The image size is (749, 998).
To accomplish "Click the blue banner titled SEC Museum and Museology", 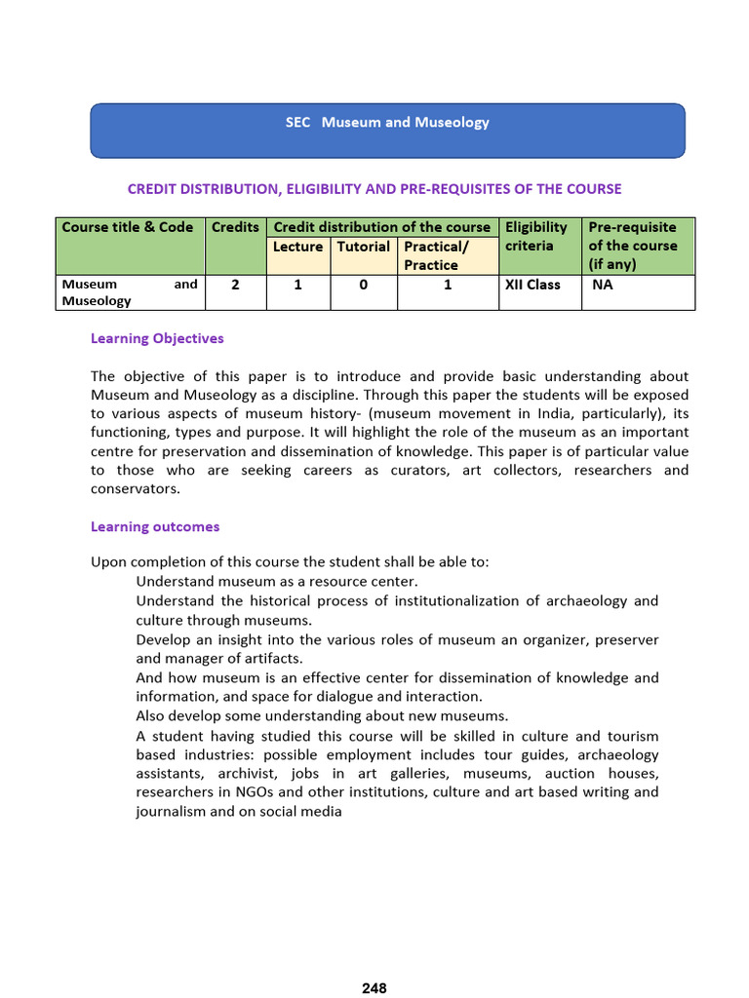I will coord(387,130).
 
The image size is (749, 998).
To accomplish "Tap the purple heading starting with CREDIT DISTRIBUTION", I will coord(374,189).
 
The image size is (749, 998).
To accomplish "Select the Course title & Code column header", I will coord(128,227).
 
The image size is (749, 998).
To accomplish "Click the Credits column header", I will coord(235,227).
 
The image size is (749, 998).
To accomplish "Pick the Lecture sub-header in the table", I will coord(297,247).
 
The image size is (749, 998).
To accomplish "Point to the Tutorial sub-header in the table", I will coord(363,247).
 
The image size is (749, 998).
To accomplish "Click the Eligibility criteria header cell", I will coord(536,237).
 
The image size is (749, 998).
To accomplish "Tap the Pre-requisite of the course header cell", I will coord(632,246).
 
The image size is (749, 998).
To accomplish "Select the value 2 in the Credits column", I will coord(235,286).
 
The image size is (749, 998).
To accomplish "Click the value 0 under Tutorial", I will coord(363,286).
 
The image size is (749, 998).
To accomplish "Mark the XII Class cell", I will coord(532,286).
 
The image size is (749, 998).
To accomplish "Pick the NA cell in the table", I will coord(603,286).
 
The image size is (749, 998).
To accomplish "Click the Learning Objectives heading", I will coord(157,338).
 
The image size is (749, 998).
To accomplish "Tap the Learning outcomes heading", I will coord(155,526).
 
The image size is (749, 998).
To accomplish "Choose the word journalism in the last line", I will coord(172,811).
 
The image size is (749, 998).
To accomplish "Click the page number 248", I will coord(374,988).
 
